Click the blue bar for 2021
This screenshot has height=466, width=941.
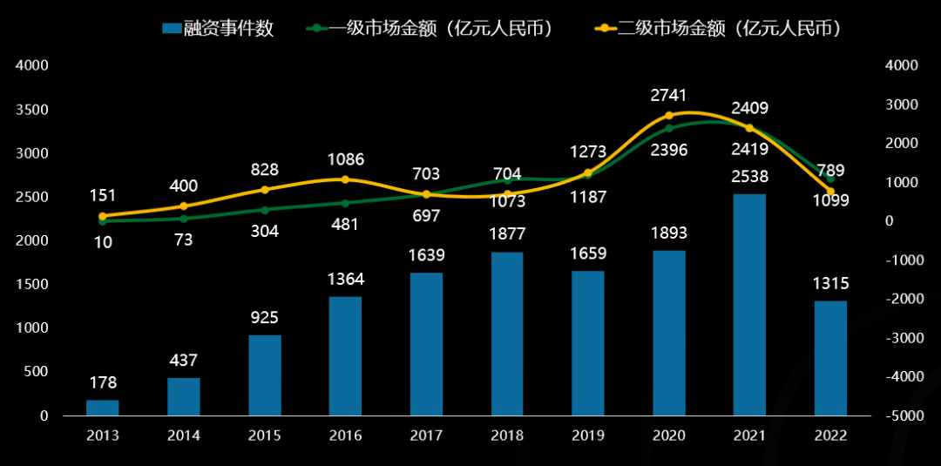click(x=749, y=305)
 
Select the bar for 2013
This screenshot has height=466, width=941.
click(x=102, y=408)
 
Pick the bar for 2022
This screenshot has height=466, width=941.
click(x=830, y=358)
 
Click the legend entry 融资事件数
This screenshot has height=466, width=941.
click(x=218, y=28)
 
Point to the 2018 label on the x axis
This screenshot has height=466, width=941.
click(x=507, y=436)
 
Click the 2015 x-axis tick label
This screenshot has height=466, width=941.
click(x=264, y=436)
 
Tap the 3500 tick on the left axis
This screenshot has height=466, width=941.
click(x=32, y=110)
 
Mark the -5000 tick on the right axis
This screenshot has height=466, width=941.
click(x=901, y=416)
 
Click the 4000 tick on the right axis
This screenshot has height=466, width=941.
click(x=901, y=65)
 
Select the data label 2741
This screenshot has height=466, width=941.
click(x=669, y=94)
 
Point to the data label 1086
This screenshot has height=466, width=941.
click(x=345, y=159)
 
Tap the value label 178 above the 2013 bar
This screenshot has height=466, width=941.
click(x=102, y=382)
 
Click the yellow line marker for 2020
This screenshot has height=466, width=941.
click(x=669, y=115)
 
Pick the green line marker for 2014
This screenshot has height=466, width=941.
click(x=183, y=219)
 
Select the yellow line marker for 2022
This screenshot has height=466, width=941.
click(x=830, y=191)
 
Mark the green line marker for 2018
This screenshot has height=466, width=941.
click(x=507, y=179)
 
